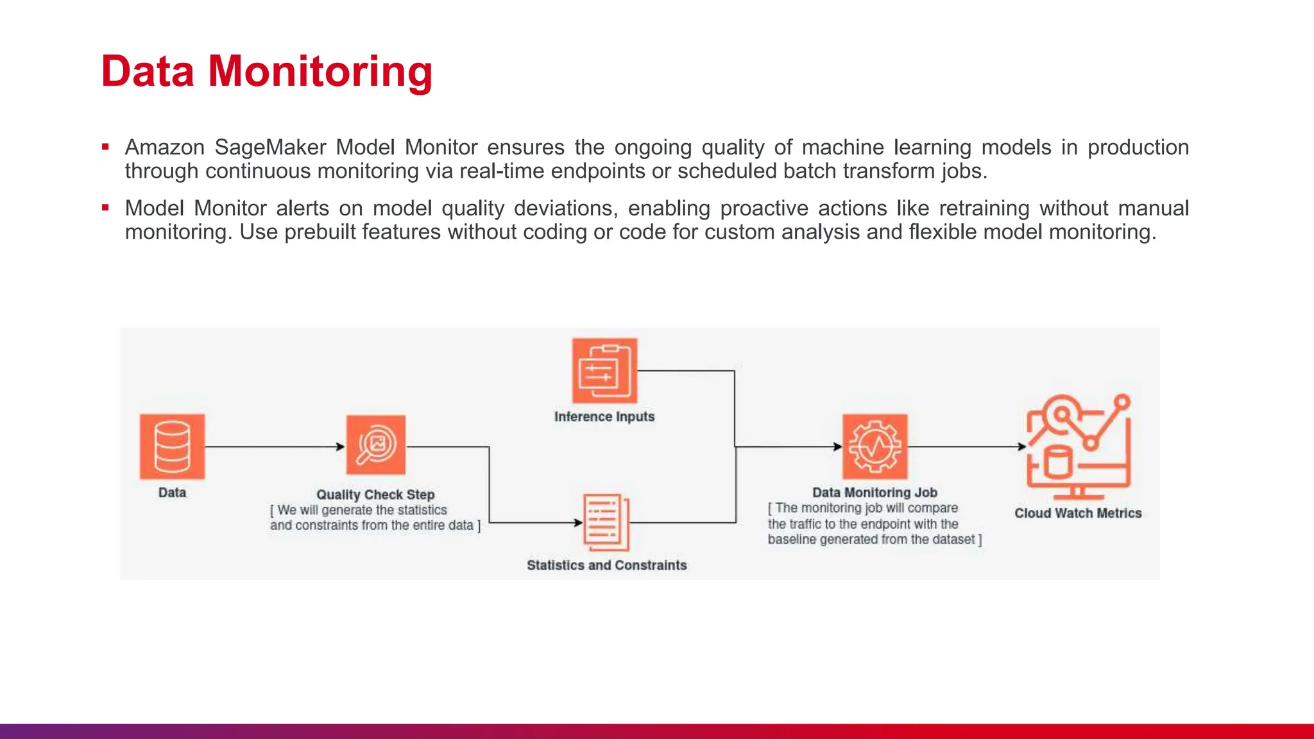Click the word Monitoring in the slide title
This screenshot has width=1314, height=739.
point(320,71)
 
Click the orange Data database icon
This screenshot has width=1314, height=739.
point(172,446)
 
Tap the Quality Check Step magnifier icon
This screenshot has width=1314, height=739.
point(376,445)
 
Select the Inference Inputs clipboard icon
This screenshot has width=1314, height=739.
point(604,371)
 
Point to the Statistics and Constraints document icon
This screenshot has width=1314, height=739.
point(606,522)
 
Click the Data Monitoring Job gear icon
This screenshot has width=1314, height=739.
point(875,446)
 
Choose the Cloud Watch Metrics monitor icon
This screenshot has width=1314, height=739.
point(1078,447)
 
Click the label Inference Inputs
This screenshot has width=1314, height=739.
point(604,417)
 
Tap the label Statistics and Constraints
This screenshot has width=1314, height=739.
point(606,565)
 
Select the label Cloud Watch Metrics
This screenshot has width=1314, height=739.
point(1078,513)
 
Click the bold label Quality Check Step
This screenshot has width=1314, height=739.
point(375,495)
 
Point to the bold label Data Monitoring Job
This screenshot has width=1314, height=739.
point(875,493)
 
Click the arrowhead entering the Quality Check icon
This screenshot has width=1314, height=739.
point(341,446)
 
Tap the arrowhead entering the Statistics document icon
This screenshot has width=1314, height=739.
point(578,523)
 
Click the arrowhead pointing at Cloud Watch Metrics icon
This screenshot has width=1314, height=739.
point(1022,446)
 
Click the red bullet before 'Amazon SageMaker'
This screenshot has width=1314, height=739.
point(105,147)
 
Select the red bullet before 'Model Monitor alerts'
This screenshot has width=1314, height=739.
point(105,208)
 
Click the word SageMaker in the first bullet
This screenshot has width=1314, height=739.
point(270,148)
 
